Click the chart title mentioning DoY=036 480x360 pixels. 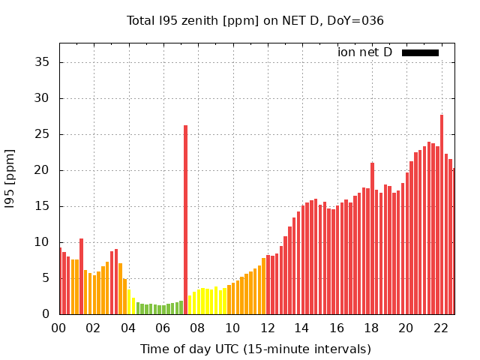click(x=255, y=21)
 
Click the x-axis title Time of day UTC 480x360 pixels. click(x=255, y=349)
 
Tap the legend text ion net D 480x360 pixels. click(x=365, y=52)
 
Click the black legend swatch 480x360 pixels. click(x=420, y=52)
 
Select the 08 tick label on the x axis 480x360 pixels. click(x=198, y=328)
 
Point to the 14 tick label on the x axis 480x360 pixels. click(x=302, y=328)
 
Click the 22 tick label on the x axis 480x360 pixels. click(x=441, y=328)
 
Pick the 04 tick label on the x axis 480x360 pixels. click(x=128, y=328)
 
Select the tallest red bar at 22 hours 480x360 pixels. click(x=442, y=214)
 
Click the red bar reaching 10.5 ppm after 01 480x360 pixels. click(x=81, y=276)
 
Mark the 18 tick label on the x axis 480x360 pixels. click(x=371, y=328)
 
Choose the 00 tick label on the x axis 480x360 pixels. click(x=59, y=328)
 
